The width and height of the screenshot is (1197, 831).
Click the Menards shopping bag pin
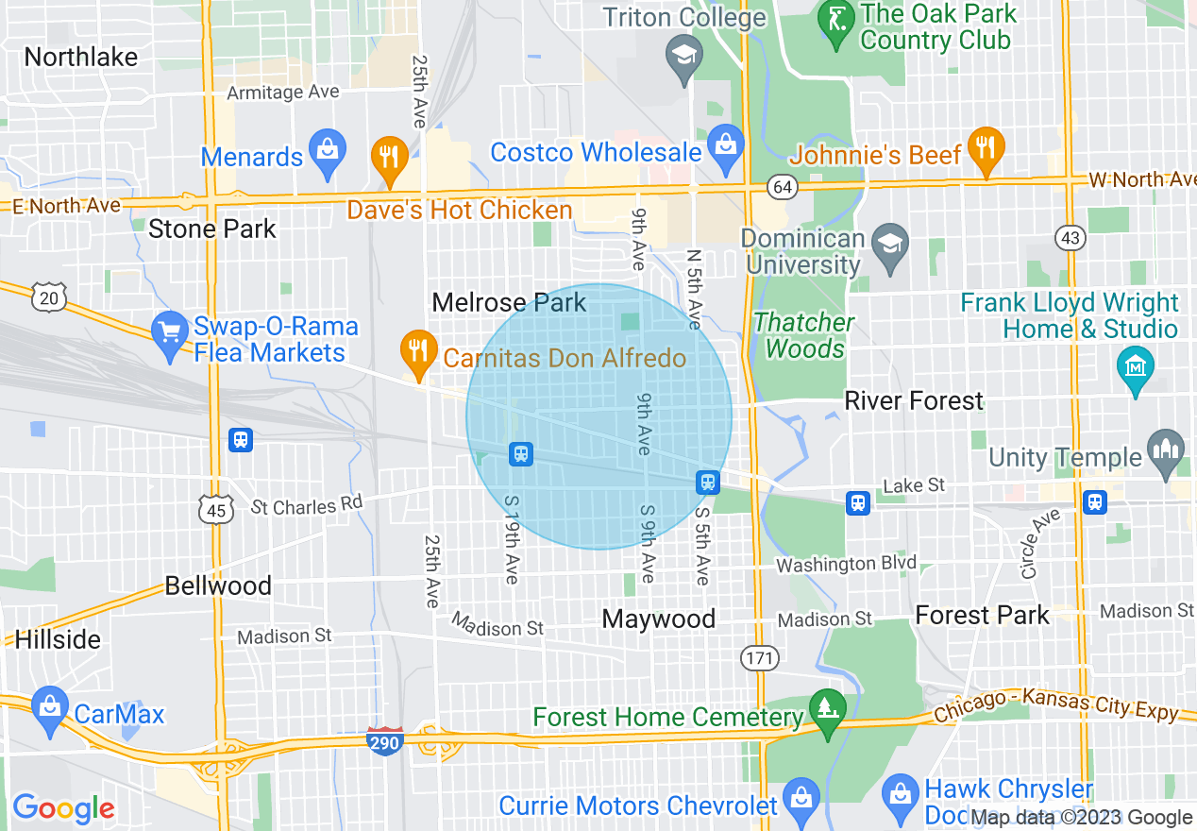pos(328,153)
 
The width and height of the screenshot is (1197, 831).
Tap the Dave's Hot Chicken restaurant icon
pos(387,160)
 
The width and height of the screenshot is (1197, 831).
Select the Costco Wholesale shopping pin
pos(726,148)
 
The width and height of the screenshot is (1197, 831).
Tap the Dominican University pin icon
pos(888,246)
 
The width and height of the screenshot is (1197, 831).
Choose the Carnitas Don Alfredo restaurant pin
pos(416,349)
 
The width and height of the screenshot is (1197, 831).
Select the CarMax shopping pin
pos(48,709)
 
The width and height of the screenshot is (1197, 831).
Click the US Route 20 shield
pos(49,297)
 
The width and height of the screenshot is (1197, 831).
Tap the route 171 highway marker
pos(758,656)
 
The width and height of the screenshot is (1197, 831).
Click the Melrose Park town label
pos(509,303)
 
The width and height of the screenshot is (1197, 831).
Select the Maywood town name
pos(659,619)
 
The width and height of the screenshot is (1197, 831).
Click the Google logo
pos(63,808)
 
